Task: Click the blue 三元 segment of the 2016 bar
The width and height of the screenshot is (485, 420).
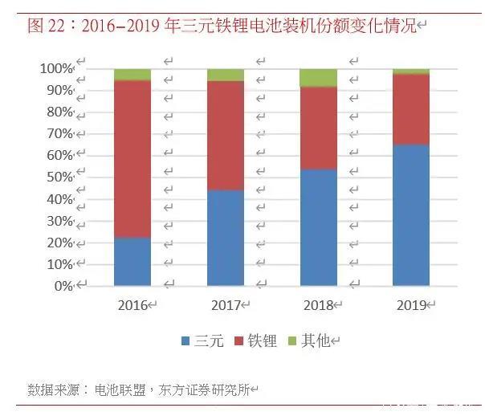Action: pos(132,262)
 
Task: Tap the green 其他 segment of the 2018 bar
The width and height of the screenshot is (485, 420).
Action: pos(318,78)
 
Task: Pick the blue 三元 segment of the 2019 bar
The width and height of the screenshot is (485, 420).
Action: pos(411,215)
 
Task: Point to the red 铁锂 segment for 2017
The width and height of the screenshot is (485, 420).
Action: pos(226,136)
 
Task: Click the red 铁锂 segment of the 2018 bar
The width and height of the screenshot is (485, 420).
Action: pos(318,128)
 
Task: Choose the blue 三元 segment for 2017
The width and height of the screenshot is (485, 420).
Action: pos(226,238)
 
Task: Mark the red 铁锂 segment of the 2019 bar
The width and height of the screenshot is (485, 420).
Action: pos(411,109)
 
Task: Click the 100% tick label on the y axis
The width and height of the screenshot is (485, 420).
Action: pos(56,69)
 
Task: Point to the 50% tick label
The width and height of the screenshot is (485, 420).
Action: pos(59,177)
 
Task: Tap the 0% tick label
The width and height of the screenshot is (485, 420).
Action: pos(63,286)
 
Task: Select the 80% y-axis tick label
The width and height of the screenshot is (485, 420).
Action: pos(59,112)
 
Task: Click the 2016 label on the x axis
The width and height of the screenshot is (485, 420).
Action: pos(132,305)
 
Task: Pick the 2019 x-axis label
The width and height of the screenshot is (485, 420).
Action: pos(411,305)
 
